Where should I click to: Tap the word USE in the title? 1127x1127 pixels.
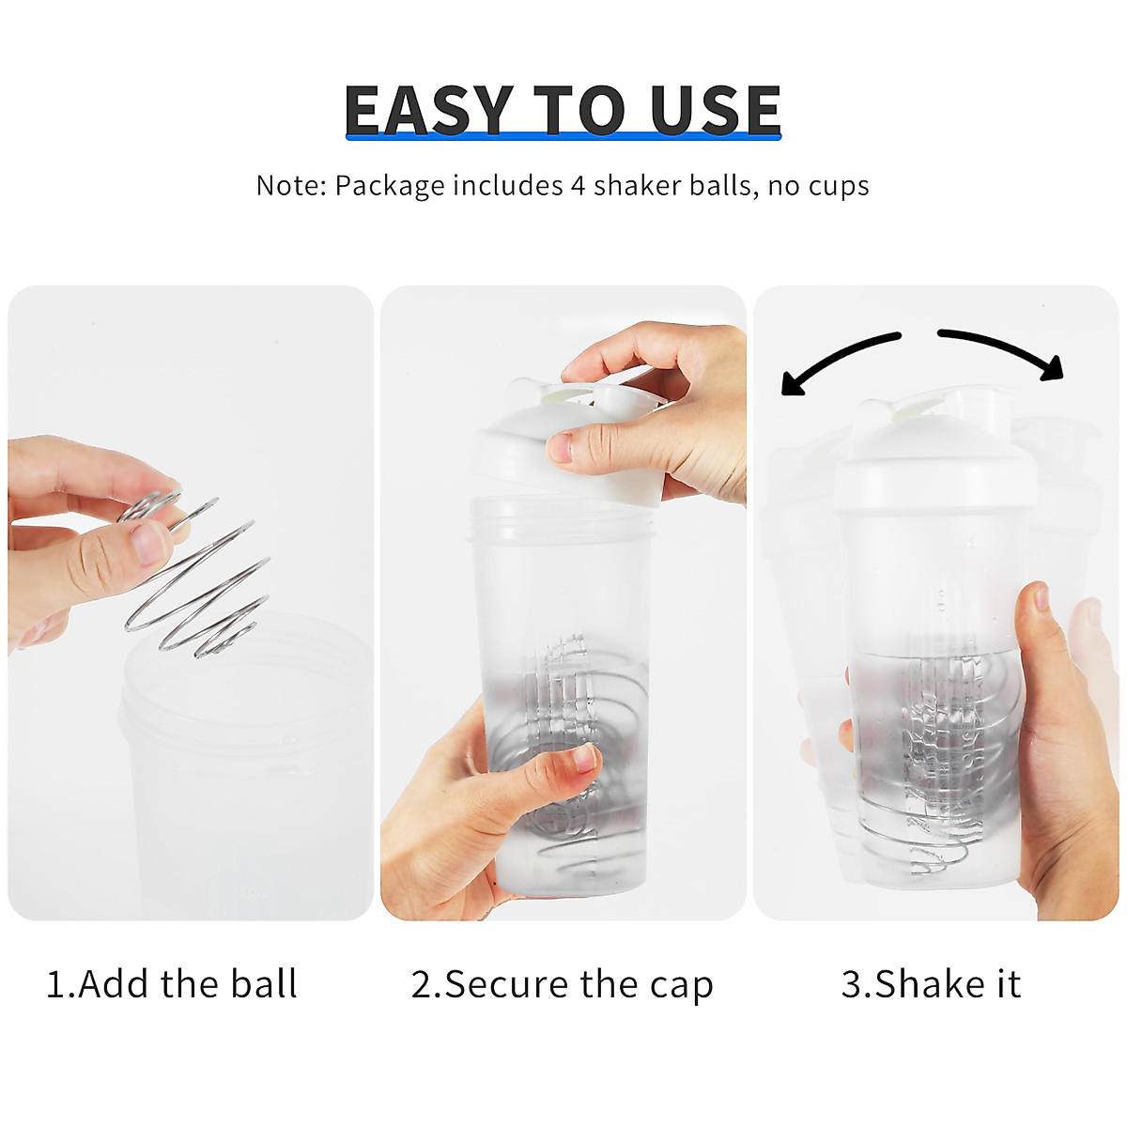coord(715,110)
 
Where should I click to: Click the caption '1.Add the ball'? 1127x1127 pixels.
coord(172,984)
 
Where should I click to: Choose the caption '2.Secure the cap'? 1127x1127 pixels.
coord(562,985)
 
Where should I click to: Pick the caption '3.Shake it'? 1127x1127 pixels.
coord(931,984)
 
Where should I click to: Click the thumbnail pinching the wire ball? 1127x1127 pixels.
coord(148,542)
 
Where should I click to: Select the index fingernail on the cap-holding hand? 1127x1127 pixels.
coord(560,447)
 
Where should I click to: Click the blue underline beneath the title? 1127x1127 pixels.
coord(563,137)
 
